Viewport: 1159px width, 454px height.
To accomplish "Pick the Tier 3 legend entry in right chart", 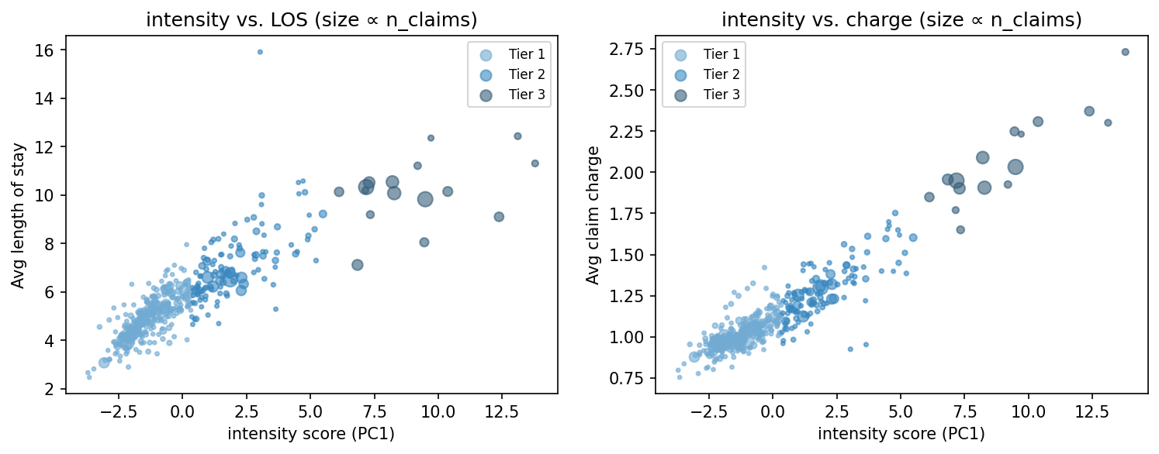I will (721, 95).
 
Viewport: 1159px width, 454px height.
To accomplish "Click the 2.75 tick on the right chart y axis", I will (632, 50).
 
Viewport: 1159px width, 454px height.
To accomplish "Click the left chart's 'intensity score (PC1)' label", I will (311, 435).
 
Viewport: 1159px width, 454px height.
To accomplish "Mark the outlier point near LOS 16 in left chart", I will (260, 52).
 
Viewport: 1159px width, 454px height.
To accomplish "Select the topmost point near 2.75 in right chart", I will (1126, 52).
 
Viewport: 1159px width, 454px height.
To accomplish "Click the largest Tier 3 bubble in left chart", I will (425, 199).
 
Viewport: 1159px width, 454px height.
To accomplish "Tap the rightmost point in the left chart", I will (535, 163).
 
